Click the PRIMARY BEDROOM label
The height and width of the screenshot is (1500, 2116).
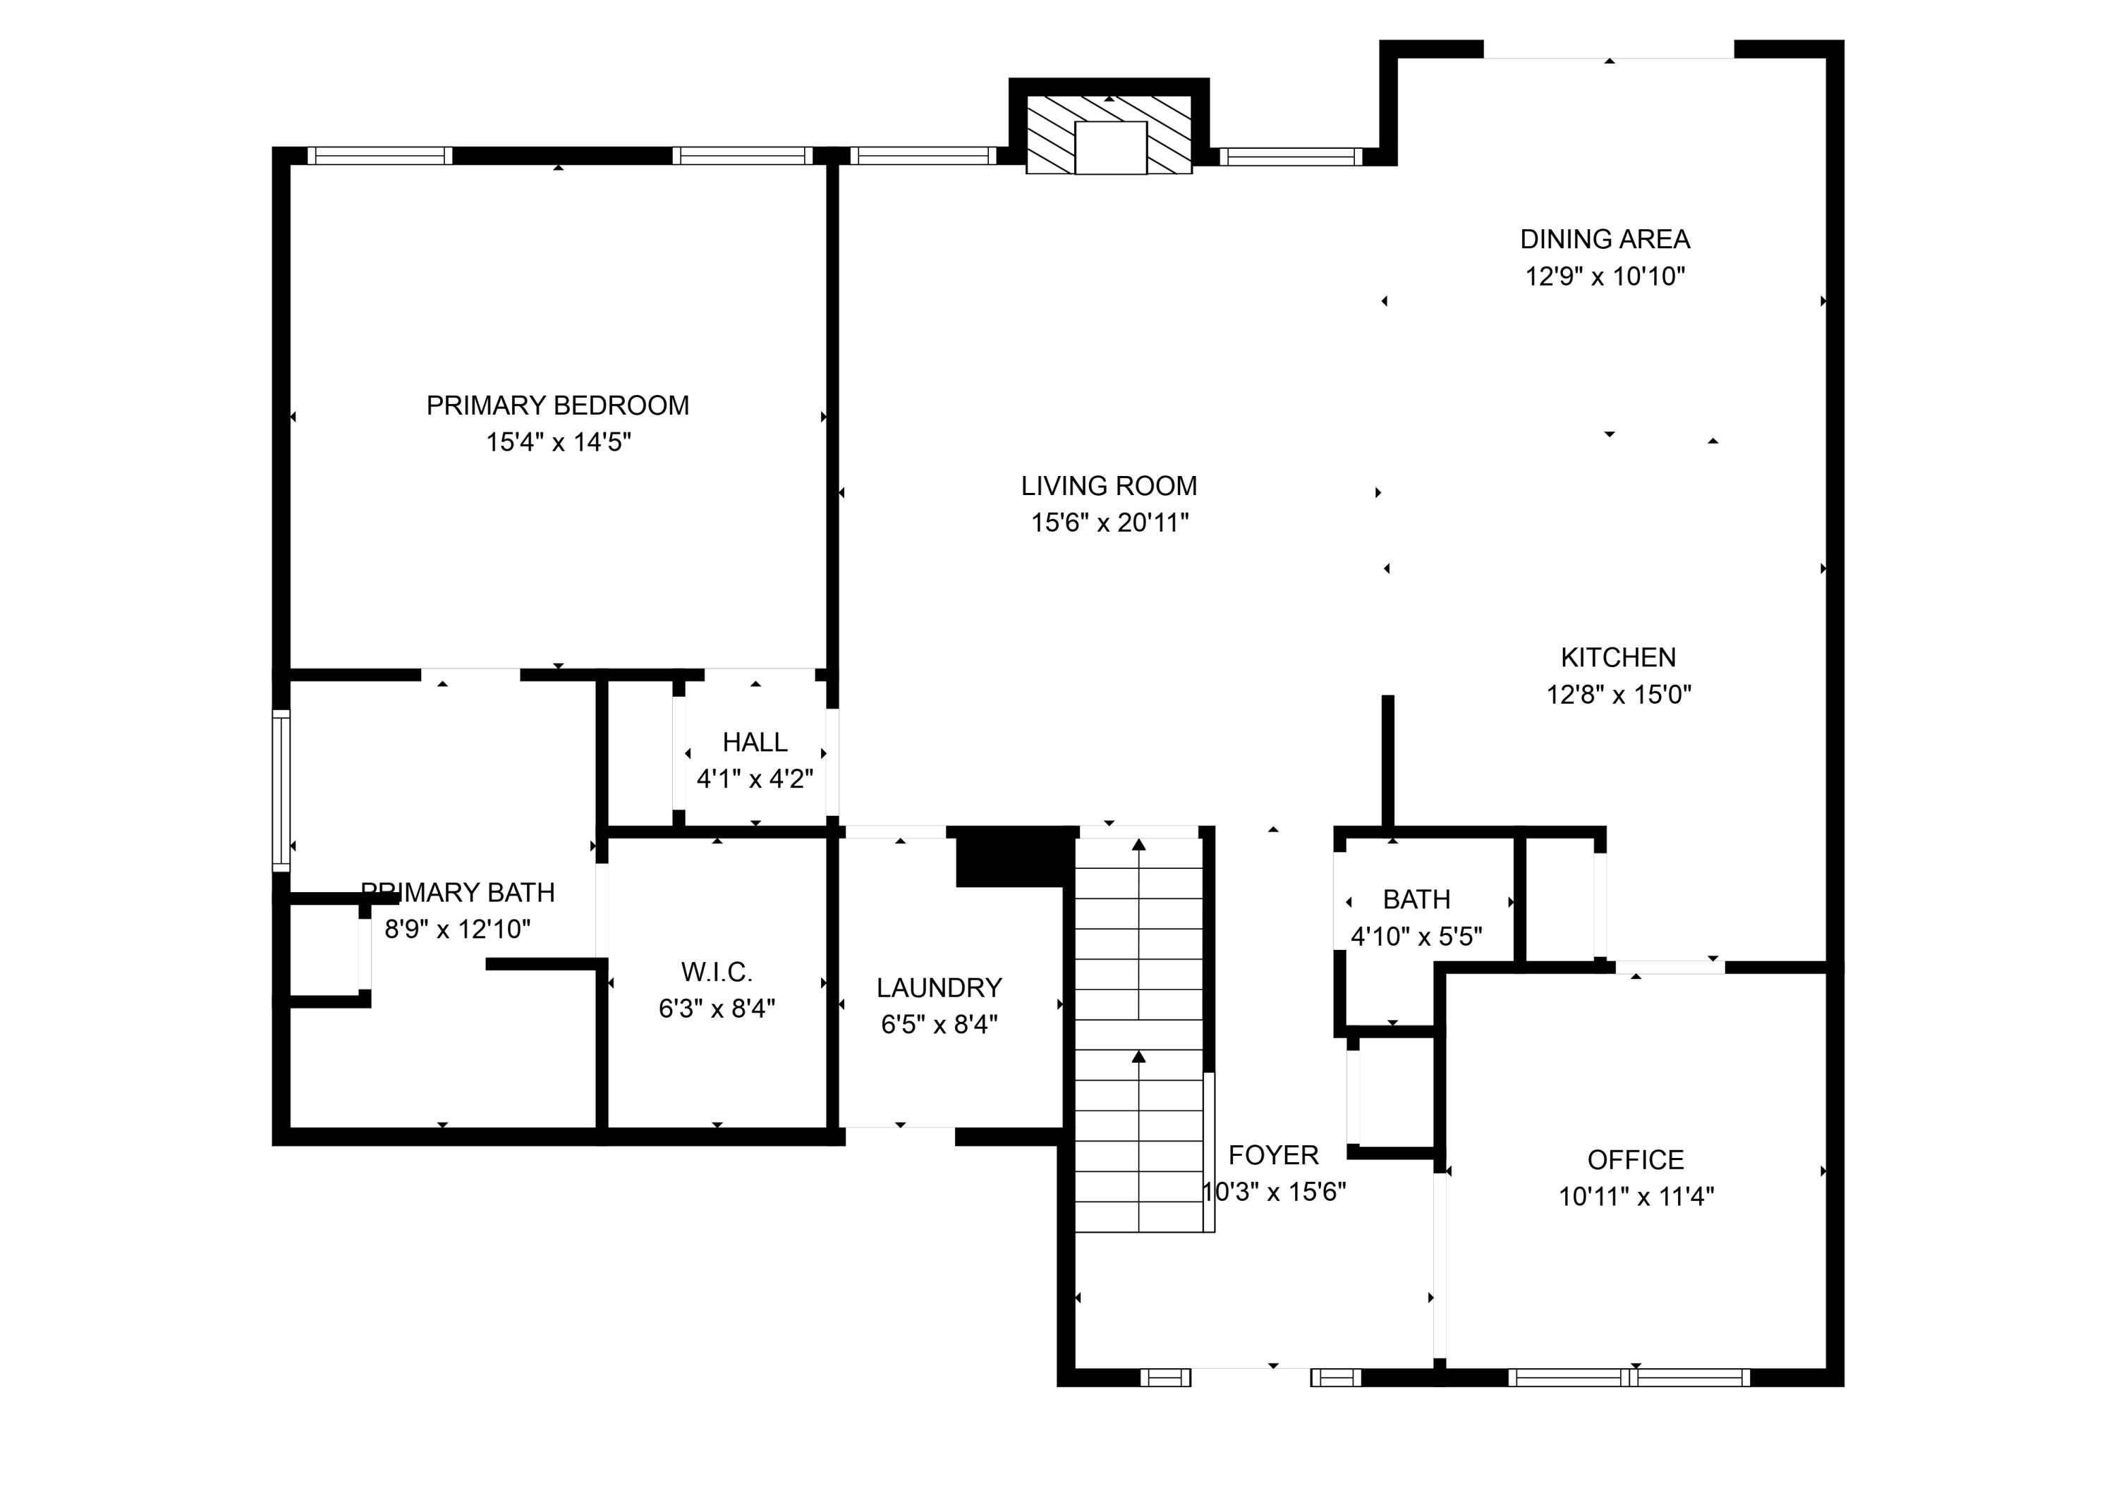[x=557, y=406]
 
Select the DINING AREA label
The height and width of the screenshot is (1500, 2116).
[x=1605, y=239]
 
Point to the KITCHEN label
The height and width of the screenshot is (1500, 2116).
[x=1617, y=658]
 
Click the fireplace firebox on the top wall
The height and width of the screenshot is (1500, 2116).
[x=1110, y=148]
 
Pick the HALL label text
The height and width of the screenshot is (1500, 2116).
[x=755, y=743]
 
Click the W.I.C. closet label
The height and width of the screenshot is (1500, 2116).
[x=717, y=972]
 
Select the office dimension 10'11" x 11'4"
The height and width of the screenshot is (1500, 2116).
[x=1636, y=1197]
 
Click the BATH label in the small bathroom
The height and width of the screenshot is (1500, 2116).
[x=1416, y=900]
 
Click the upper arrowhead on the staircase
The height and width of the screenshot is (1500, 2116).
[x=1139, y=844]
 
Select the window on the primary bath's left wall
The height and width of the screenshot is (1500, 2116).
[x=281, y=790]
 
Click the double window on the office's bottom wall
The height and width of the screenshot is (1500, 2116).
[x=1629, y=1378]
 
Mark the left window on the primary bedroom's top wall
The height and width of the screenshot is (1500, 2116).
[x=379, y=156]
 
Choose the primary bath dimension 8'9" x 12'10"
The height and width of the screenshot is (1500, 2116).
[x=457, y=929]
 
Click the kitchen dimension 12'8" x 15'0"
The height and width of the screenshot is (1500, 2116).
[x=1618, y=695]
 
